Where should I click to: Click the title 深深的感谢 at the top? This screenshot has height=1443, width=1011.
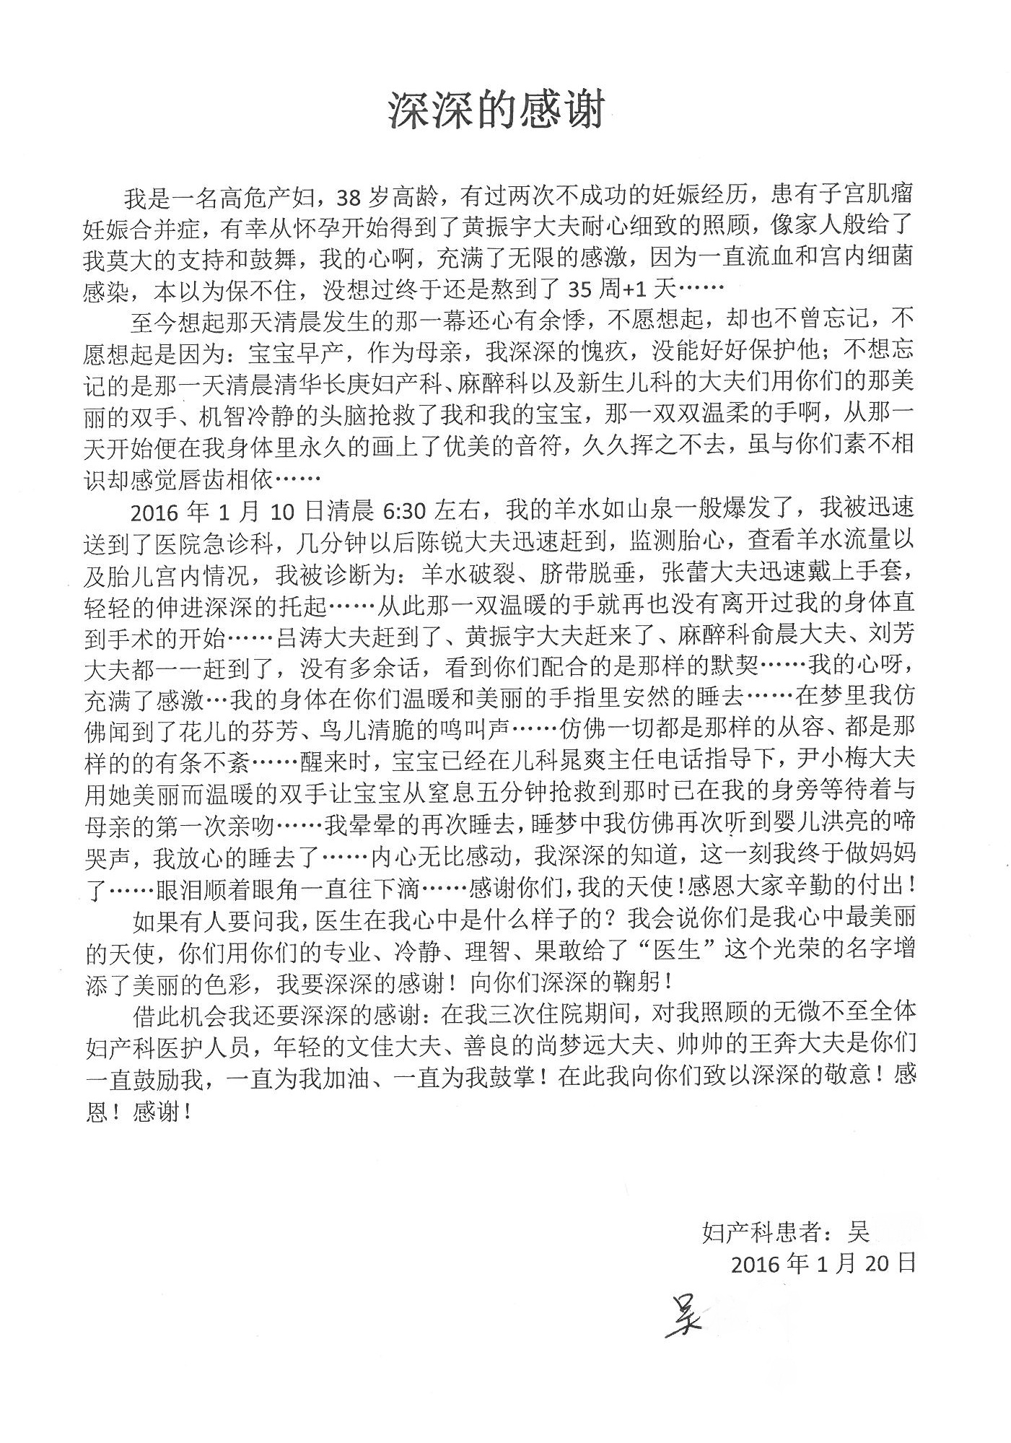pyautogui.click(x=496, y=110)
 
